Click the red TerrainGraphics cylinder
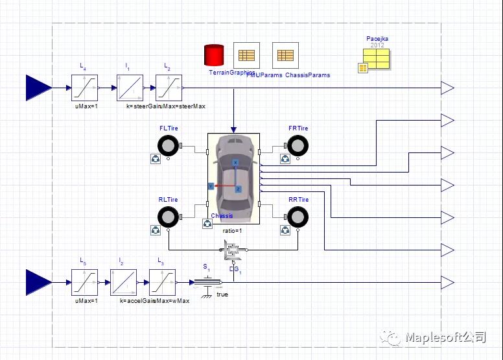pos(214,56)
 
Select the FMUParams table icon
pos(246,55)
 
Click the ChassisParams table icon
pos(285,55)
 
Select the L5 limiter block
pos(84,282)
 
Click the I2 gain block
pos(123,282)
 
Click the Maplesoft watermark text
pos(445,337)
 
